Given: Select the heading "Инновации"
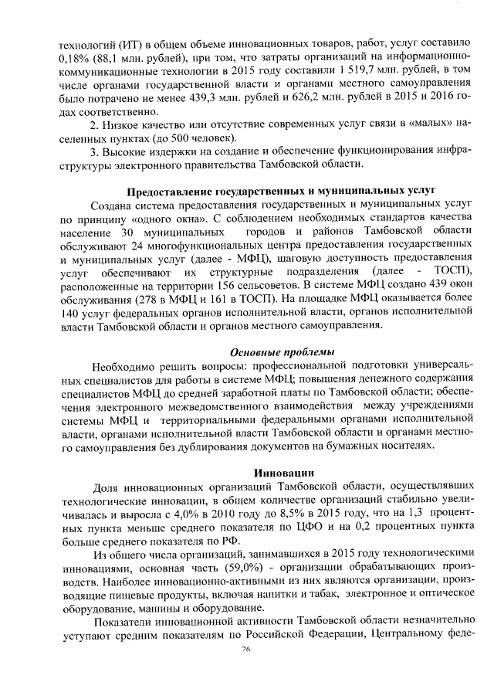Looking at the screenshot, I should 283,472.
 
